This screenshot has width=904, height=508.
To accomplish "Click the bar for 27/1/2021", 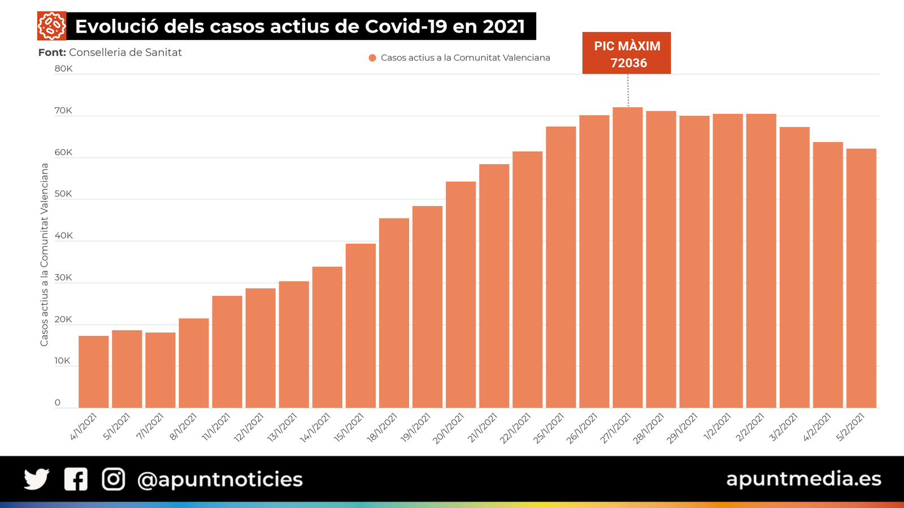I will [628, 257].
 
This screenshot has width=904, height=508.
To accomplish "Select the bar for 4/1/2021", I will [93, 372].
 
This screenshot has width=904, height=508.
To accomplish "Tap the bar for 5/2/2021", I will [861, 278].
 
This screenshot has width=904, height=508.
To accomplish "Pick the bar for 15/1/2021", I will [360, 326].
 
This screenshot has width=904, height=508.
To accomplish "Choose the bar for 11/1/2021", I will [227, 352].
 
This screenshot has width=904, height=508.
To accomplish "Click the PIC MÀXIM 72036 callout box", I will [627, 53].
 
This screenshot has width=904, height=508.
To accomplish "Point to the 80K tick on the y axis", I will [63, 69].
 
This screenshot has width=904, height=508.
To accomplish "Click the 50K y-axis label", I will [63, 194].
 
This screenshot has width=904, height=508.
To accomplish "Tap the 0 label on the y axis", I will [58, 402].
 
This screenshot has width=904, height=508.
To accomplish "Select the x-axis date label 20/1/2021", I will [449, 428].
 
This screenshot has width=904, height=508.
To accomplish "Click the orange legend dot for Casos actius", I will [372, 58].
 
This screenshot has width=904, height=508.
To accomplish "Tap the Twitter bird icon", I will [37, 479].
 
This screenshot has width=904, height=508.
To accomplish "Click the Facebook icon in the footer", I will [76, 479].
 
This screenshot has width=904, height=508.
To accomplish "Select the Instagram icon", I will [114, 479].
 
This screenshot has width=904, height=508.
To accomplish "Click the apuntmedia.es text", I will [803, 479].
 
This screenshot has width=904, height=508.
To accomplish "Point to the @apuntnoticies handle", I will [220, 480].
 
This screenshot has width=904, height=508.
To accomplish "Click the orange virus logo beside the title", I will [51, 26].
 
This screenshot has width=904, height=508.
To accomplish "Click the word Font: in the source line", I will [52, 52].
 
